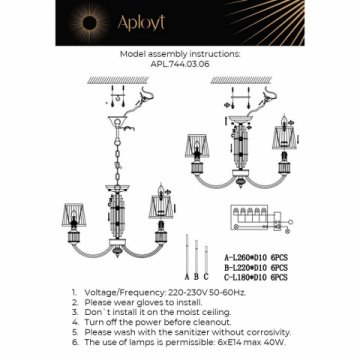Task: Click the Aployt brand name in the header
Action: (x=180, y=22)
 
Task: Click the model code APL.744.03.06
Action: (x=180, y=65)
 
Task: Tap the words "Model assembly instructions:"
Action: (x=180, y=57)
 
